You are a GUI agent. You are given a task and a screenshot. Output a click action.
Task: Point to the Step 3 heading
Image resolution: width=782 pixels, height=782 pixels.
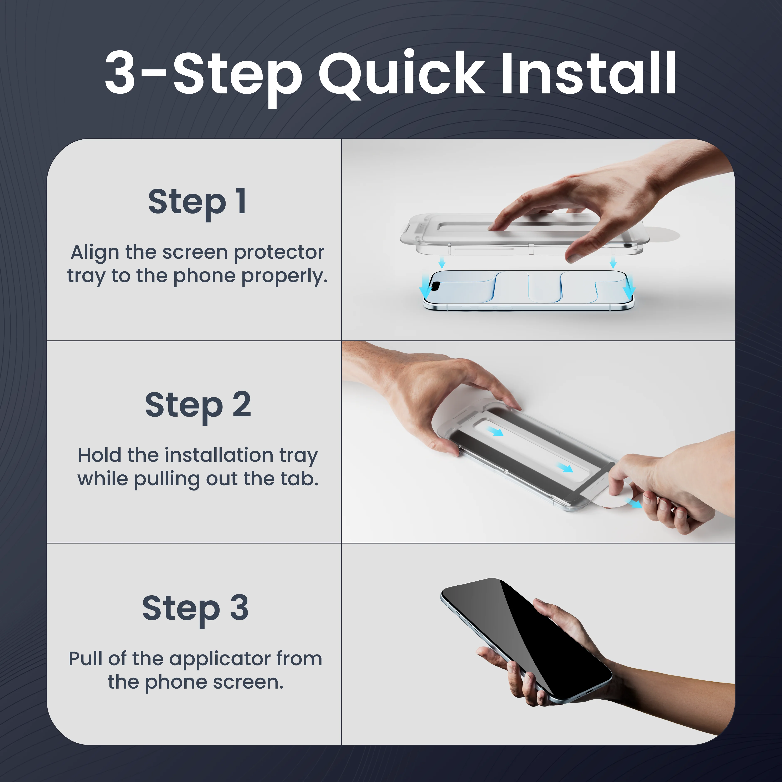tap(196, 609)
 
